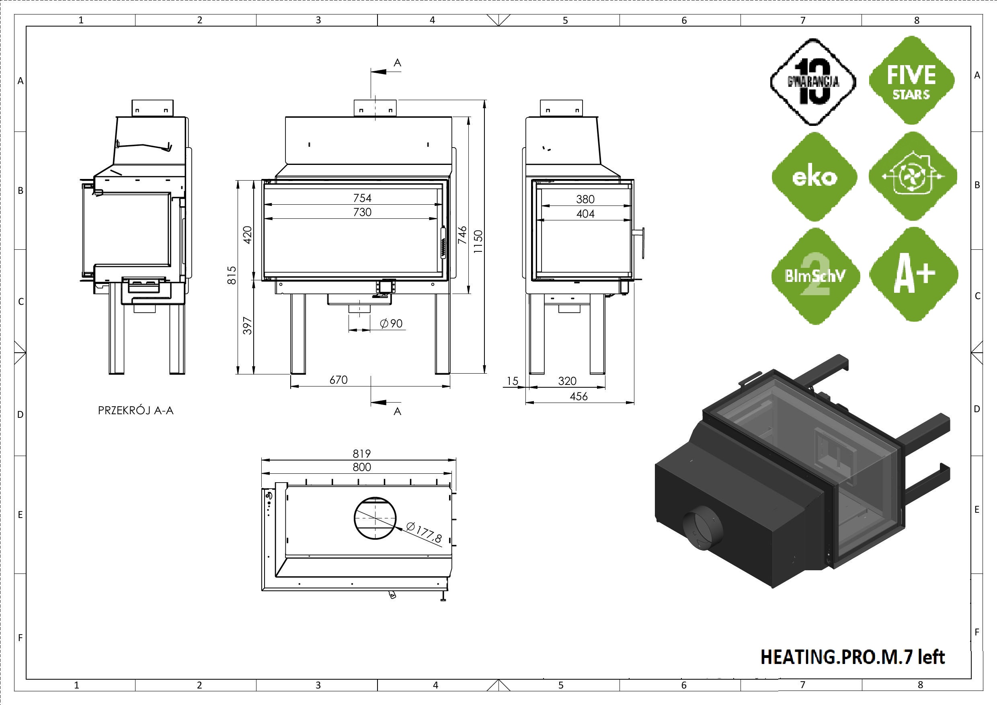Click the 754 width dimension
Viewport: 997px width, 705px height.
coord(362,198)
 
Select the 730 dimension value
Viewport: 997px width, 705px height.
coord(362,212)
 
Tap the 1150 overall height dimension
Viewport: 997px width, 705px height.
coord(478,242)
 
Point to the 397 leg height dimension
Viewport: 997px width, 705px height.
coord(247,326)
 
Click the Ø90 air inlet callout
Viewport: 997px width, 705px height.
coord(391,324)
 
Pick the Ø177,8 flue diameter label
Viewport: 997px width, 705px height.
coord(424,532)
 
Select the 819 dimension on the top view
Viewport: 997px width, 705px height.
coord(362,454)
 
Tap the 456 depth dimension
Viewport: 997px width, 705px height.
coord(579,397)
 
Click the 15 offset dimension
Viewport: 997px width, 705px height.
coord(513,381)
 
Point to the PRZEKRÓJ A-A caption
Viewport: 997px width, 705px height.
coord(135,411)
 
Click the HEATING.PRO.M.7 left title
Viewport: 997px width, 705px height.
coord(852,657)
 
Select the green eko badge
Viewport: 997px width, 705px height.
coord(814,177)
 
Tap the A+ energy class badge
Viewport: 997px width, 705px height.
coord(913,274)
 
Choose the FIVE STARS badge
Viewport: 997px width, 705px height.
coord(911,81)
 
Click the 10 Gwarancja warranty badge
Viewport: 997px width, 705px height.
coord(813,82)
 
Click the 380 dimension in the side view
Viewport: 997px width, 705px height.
coord(585,199)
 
